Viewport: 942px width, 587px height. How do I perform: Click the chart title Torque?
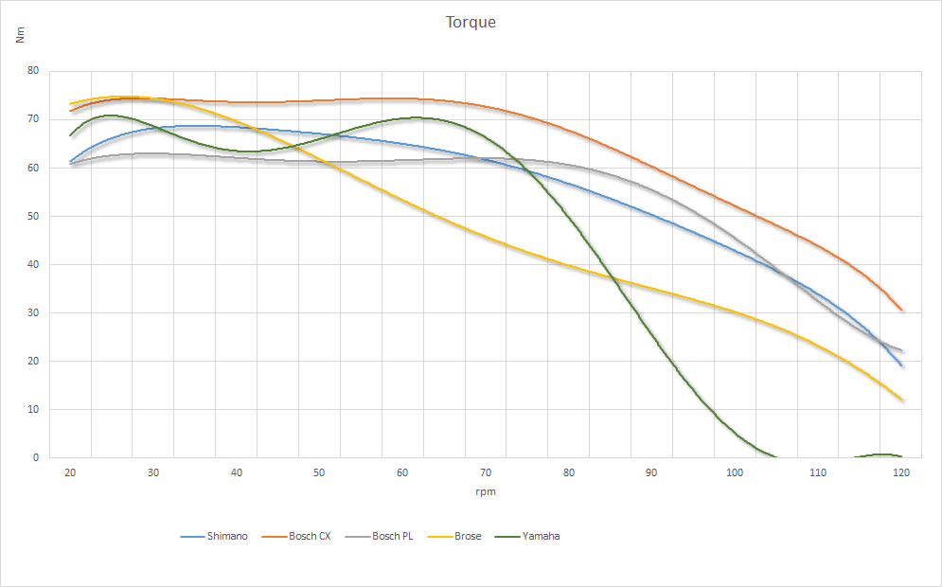pyautogui.click(x=471, y=22)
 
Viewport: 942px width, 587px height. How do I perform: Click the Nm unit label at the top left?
pyautogui.click(x=21, y=36)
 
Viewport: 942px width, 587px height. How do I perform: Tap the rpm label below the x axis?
pyautogui.click(x=486, y=491)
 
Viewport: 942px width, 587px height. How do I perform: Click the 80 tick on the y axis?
pyautogui.click(x=33, y=71)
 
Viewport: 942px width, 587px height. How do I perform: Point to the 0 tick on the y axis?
pyautogui.click(x=36, y=458)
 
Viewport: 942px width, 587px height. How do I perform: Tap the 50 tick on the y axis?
pyautogui.click(x=33, y=216)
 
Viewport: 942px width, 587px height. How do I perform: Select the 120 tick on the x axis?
pyautogui.click(x=901, y=472)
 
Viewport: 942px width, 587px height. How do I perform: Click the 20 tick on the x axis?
pyautogui.click(x=70, y=472)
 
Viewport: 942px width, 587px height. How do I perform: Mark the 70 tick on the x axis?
pyautogui.click(x=486, y=472)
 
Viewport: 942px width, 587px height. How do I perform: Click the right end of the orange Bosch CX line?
pyautogui.click(x=902, y=310)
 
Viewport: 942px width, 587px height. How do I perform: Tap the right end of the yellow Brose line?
pyautogui.click(x=902, y=400)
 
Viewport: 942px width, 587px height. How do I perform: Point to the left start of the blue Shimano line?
pyautogui.click(x=70, y=161)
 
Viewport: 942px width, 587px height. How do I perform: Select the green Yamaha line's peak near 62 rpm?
pyautogui.click(x=417, y=117)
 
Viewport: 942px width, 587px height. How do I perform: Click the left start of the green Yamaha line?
pyautogui.click(x=70, y=135)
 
